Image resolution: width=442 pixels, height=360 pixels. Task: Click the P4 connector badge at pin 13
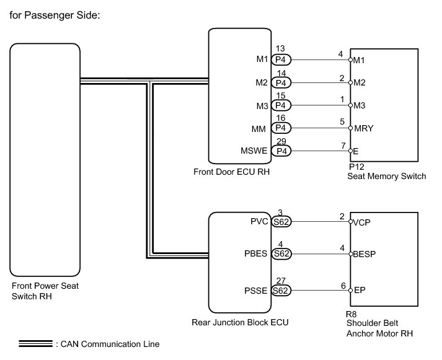tap(281, 60)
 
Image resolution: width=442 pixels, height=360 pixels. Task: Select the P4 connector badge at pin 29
tap(281, 151)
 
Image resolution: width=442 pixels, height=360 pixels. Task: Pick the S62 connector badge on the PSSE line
tap(281, 290)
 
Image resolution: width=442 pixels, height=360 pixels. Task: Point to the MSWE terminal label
tap(252, 151)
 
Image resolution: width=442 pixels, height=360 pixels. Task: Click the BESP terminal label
tap(366, 254)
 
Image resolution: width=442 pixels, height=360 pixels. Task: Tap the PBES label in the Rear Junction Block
tap(256, 253)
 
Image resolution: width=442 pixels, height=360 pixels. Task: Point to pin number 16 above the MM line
tap(280, 118)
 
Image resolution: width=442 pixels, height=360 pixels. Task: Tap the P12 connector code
tap(355, 167)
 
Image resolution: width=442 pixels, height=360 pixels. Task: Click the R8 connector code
tap(351, 314)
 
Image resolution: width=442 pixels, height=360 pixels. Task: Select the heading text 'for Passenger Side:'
tap(52, 14)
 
